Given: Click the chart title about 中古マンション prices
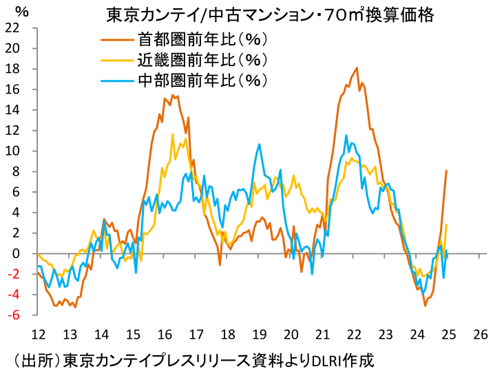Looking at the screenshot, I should (x=270, y=14).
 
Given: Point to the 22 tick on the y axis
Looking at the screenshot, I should (x=12, y=28).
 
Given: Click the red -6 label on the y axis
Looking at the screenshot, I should (x=12, y=315).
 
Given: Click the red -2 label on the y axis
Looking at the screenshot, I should (x=12, y=274).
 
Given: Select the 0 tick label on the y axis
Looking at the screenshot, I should (x=15, y=254).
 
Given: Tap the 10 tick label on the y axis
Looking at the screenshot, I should (x=12, y=151).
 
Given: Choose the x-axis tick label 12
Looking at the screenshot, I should (x=38, y=334).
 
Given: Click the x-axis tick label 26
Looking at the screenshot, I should (x=481, y=334).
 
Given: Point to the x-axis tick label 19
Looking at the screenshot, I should (x=259, y=334).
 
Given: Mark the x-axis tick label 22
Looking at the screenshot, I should (x=354, y=334).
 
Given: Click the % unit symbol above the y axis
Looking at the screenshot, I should (x=21, y=11).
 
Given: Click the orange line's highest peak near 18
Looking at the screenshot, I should (x=357, y=67).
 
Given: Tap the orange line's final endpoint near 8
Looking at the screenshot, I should (x=447, y=171).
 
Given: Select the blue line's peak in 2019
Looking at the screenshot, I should (x=259, y=144).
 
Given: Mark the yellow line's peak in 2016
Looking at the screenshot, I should (x=172, y=134).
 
